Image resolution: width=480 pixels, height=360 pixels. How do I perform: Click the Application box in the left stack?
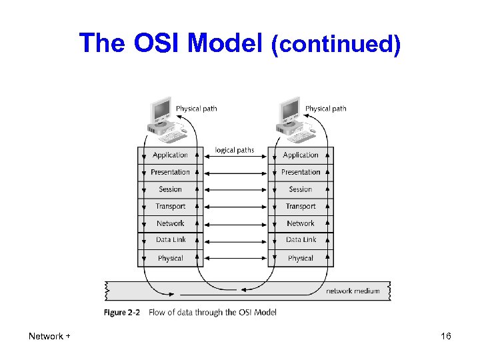tap(170, 155)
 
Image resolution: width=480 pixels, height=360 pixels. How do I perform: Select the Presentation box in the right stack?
tap(301, 172)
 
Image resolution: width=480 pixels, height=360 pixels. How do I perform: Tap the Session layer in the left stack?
tap(170, 189)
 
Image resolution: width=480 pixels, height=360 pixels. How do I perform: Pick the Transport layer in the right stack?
tap(301, 207)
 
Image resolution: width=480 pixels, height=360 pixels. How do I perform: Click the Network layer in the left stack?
tap(170, 223)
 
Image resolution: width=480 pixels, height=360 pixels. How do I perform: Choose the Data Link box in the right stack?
tap(301, 240)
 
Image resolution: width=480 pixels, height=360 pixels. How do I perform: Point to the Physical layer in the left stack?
tap(170, 258)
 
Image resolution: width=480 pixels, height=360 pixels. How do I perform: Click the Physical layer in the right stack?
tap(301, 258)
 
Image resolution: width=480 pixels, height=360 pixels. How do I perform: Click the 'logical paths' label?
tap(235, 150)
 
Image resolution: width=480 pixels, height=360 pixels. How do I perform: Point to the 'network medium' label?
tap(353, 291)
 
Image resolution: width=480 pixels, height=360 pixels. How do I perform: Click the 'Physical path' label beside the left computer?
tap(196, 108)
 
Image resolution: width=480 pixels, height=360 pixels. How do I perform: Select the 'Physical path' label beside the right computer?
tap(325, 108)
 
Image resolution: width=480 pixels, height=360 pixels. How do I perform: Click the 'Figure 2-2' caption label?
tap(121, 312)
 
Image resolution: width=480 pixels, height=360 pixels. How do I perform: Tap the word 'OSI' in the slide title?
tap(158, 43)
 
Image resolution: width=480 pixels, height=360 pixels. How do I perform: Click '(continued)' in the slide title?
tap(335, 45)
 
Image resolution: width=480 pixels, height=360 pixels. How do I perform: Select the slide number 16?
tap(446, 337)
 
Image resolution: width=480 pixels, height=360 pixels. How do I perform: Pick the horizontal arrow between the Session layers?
tap(235, 189)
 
